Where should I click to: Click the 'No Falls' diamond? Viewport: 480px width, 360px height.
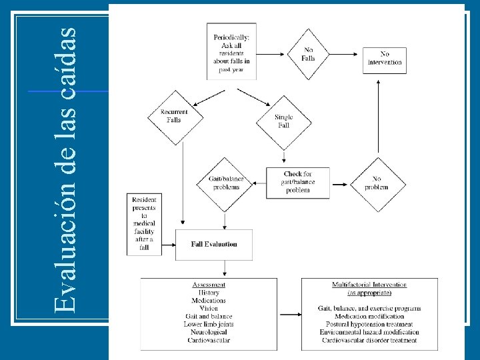coord(309,54)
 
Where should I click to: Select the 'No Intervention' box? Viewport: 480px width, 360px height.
coord(385,59)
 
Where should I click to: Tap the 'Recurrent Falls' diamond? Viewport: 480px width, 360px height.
coord(174,117)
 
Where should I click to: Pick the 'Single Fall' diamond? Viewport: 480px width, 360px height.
coord(283,121)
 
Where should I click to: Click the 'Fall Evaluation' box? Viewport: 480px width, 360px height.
coord(214,245)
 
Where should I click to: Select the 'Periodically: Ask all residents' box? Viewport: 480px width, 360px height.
coord(231,53)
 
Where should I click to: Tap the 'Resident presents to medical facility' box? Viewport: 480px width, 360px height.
coord(144,224)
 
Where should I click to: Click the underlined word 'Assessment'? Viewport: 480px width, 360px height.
coord(209,285)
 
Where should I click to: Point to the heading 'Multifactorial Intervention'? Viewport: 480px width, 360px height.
coord(369,285)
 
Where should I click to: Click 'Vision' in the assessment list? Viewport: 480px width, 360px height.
coord(209,309)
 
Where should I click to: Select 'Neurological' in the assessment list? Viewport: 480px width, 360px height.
coord(209,332)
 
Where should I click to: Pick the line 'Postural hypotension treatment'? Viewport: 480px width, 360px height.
coord(369,324)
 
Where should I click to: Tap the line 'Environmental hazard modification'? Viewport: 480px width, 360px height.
coord(369,332)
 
